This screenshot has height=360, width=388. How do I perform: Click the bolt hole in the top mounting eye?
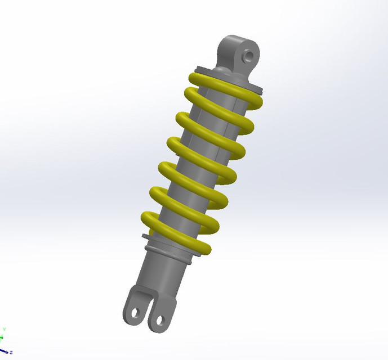(248, 56)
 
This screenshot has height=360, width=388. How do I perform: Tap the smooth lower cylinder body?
(160, 276)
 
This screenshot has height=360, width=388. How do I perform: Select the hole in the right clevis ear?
(159, 321)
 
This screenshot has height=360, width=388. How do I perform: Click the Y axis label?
(4, 329)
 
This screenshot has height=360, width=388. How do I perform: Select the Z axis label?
(11, 336)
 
